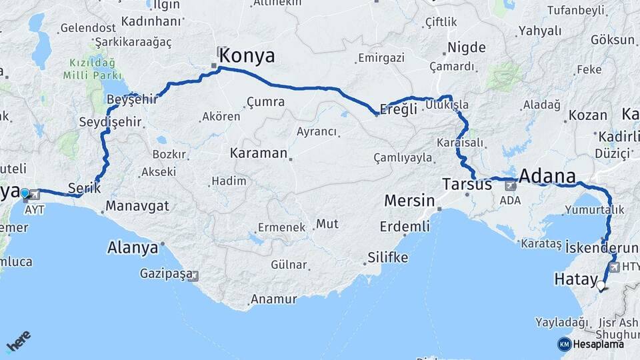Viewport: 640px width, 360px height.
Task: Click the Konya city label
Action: [x=246, y=56]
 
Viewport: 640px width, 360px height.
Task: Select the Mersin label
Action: [x=409, y=201]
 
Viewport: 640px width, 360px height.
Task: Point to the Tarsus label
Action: [x=467, y=185]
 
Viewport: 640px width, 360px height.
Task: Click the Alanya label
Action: [x=133, y=248]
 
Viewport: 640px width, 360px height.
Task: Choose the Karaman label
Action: [x=258, y=153]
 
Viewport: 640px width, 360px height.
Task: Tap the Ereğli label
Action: [x=398, y=109]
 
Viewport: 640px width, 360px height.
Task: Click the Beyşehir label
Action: [x=132, y=99]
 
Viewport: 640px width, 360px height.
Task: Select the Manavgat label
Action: [x=137, y=205]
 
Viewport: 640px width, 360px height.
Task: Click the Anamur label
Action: [x=273, y=299]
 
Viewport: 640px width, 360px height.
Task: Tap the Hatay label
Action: [x=574, y=280]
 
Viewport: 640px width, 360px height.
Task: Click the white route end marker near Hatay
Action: [x=601, y=286]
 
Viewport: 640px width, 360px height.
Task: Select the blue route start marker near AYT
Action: [x=25, y=193]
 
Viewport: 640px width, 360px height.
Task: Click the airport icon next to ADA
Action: [x=511, y=185]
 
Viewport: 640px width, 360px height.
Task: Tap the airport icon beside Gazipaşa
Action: [x=193, y=275]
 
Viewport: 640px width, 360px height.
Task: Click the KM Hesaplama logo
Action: [x=591, y=344]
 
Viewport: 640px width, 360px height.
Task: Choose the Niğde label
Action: [x=467, y=47]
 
